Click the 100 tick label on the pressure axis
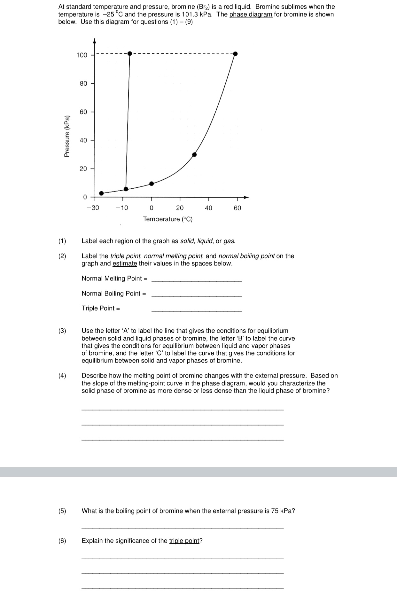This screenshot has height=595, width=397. click(x=82, y=55)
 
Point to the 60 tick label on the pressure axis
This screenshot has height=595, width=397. click(x=83, y=112)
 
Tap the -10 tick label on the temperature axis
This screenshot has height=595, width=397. click(x=122, y=208)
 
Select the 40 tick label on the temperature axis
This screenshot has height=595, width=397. click(x=208, y=208)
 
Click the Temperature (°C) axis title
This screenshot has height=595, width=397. click(x=168, y=219)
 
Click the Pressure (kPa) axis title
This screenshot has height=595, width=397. click(x=67, y=136)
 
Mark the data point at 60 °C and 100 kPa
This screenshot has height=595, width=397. click(x=235, y=54)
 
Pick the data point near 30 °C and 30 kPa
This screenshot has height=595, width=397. click(x=194, y=154)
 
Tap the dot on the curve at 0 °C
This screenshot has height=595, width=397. click(x=152, y=184)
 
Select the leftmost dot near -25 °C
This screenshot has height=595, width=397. click(x=101, y=193)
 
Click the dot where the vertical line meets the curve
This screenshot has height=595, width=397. click(x=126, y=189)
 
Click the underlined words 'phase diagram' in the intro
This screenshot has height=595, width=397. click(x=251, y=14)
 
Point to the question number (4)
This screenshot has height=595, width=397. click(x=62, y=376)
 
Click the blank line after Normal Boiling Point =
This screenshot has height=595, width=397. click(x=197, y=295)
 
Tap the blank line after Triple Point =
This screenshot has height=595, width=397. click(x=197, y=310)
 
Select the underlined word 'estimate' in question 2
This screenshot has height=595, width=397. click(x=125, y=263)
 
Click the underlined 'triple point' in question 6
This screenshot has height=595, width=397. click(x=184, y=541)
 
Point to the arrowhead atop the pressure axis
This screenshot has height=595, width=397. click(x=94, y=41)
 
